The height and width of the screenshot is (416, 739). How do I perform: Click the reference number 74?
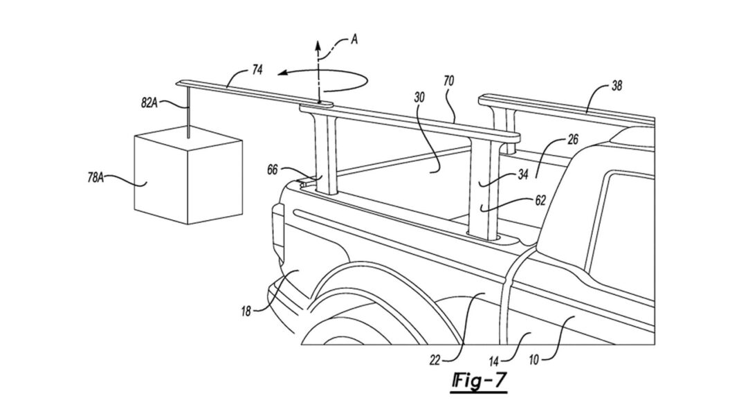pos(257,71)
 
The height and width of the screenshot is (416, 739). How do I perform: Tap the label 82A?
pos(149,103)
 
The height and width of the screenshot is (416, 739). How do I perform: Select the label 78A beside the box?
pos(95,177)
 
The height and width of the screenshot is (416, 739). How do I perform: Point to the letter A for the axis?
pos(354,39)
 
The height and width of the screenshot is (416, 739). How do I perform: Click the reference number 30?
pos(419,97)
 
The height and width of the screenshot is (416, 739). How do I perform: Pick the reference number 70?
pos(448,81)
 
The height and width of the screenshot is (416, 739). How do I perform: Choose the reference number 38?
pos(617,86)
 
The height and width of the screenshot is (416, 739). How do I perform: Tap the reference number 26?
pos(572,140)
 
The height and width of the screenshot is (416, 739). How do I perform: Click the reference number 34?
pos(523,174)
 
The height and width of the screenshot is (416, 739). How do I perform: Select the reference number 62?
pos(540,201)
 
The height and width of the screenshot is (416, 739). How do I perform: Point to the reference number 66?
pos(273,170)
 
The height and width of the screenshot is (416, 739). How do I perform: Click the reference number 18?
pos(246,311)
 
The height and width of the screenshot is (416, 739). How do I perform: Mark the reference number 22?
pos(435,361)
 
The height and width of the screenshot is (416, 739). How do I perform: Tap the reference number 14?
pos(493,362)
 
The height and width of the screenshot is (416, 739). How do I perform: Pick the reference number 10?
pos(533,361)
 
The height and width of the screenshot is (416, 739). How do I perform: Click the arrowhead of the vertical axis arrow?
pos(318,45)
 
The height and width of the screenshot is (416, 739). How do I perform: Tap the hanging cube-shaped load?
pos(188,174)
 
